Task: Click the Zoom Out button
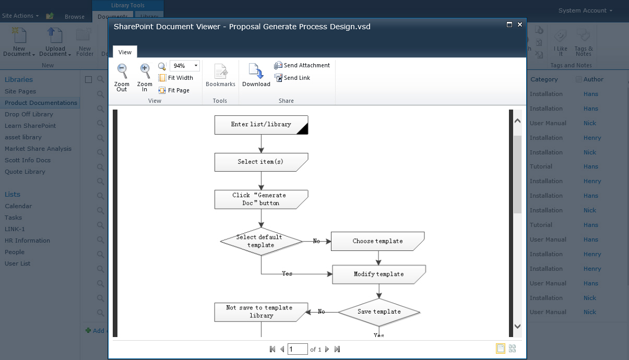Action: [x=122, y=77]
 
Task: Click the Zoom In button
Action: [x=145, y=77]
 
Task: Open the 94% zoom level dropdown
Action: [x=196, y=66]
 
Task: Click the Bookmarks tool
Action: [x=220, y=76]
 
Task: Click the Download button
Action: [x=256, y=76]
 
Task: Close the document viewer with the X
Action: [x=520, y=25]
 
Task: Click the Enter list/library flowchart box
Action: [x=261, y=125]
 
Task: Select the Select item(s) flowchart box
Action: [x=261, y=162]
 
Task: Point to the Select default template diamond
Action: [x=261, y=241]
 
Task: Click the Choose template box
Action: [x=377, y=241]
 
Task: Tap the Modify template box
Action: [x=378, y=274]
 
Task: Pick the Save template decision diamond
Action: [x=379, y=312]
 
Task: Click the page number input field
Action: [x=298, y=349]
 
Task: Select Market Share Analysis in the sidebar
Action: [x=38, y=149]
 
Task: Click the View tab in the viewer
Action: [x=125, y=52]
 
